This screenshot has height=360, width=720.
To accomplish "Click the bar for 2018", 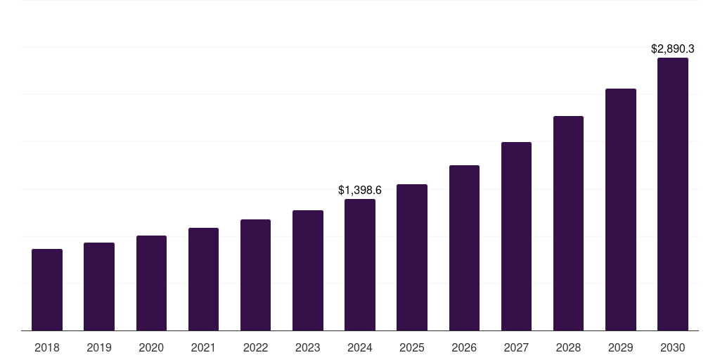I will [47, 290].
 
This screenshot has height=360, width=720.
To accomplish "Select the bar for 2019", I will [99, 286].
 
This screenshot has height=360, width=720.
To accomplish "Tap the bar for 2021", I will [203, 279].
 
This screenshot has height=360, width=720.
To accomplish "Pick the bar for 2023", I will [308, 270].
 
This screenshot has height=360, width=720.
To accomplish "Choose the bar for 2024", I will [360, 264].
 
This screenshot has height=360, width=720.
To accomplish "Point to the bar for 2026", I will [464, 247].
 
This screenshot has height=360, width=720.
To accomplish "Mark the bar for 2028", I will [568, 223].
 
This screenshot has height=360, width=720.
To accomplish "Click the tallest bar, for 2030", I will [673, 194].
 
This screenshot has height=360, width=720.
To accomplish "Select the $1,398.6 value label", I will [360, 190].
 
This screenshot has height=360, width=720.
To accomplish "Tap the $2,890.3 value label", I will [673, 49].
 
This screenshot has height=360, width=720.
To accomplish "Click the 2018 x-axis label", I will [47, 347].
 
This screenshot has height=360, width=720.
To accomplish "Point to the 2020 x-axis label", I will [151, 347].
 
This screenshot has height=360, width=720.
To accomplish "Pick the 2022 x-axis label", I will [255, 347].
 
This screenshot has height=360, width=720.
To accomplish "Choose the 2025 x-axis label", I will [412, 347].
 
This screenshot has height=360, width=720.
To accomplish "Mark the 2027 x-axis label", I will [516, 347].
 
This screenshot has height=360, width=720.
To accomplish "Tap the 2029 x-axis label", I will [621, 347].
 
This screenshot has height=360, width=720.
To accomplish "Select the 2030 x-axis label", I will [673, 347].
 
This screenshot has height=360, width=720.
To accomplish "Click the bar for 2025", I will [412, 257].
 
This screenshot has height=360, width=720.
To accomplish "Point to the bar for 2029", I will [621, 210].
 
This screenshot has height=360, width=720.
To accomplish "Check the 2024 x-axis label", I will [360, 347].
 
